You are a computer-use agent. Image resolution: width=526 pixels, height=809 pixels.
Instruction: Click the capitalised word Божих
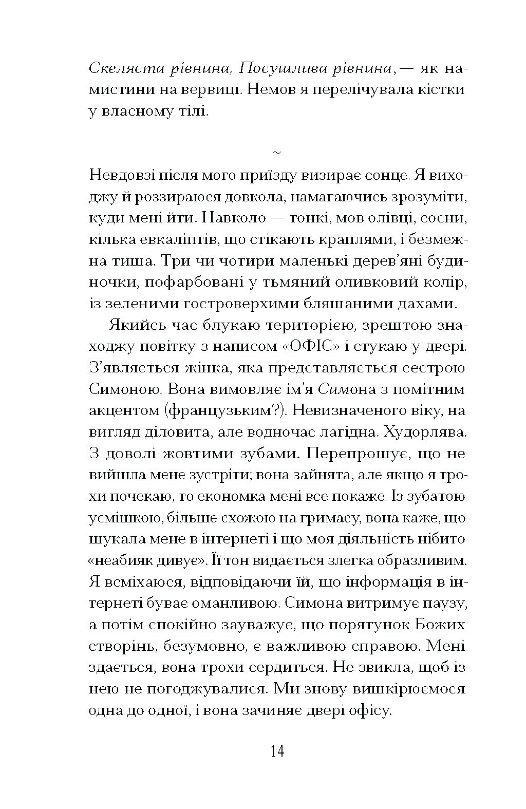[438, 625]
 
